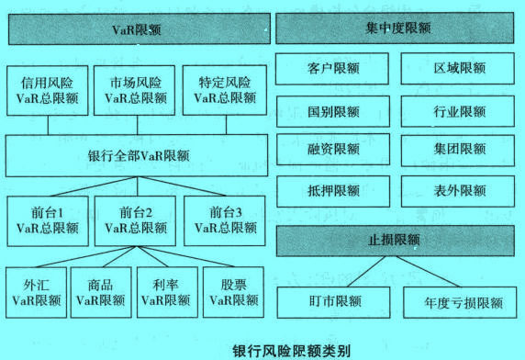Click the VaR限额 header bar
136,29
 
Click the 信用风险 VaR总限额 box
47,90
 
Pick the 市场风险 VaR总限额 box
135,90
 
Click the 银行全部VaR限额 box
136,155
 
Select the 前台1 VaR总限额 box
47,218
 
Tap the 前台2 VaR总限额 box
135,218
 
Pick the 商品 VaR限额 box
100,291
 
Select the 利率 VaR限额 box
165,291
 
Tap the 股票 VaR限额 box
229,291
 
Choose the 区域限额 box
458,69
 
